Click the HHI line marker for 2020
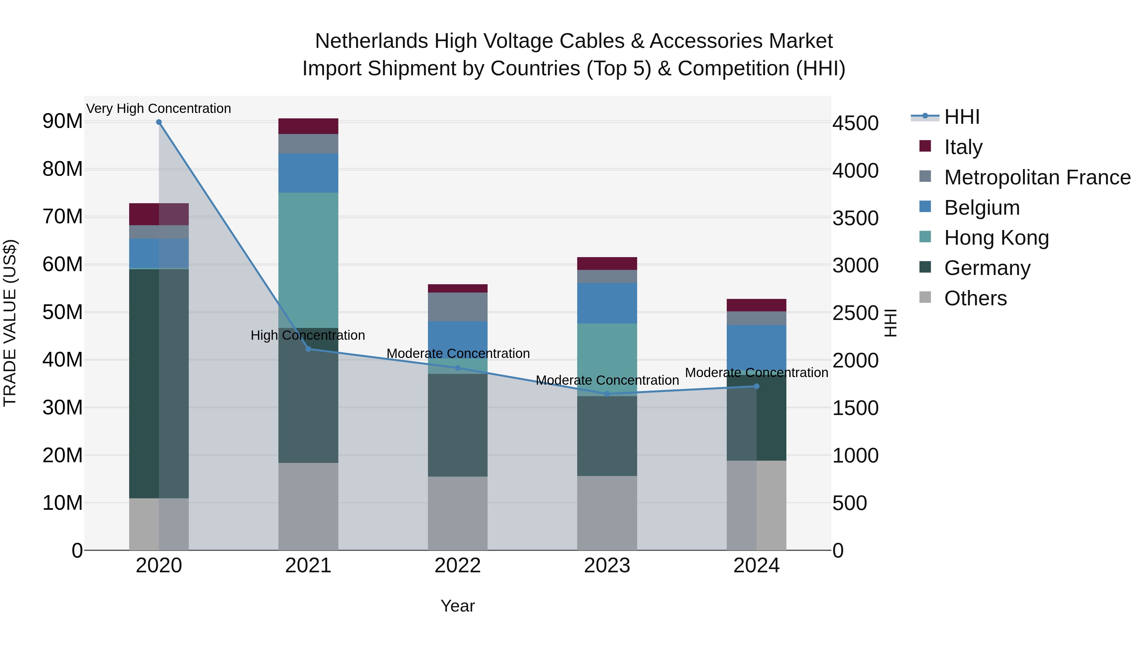click(159, 122)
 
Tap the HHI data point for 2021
click(308, 349)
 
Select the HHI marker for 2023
click(607, 394)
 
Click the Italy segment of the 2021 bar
click(308, 126)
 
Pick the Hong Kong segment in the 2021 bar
click(308, 260)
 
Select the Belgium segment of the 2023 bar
click(607, 303)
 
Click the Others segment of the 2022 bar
click(457, 513)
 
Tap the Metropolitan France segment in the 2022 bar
click(457, 307)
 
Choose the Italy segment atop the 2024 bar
click(756, 305)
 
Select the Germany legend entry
click(987, 268)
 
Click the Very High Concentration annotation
click(159, 108)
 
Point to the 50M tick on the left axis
click(63, 312)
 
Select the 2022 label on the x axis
click(457, 566)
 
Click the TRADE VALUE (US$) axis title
click(10, 323)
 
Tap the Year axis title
click(457, 606)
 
